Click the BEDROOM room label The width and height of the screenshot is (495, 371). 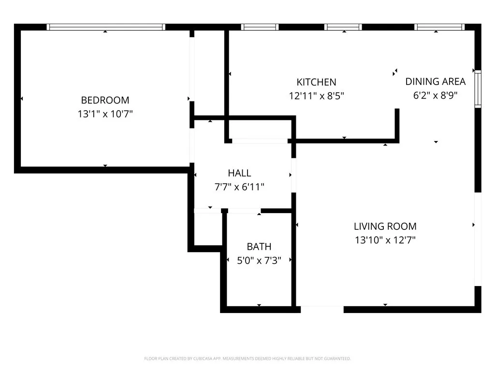[105, 100]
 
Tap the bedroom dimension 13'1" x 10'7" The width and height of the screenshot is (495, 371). [105, 114]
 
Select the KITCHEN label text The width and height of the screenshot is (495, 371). [316, 82]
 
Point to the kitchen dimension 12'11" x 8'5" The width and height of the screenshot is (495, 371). [316, 96]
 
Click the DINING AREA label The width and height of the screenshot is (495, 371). [435, 81]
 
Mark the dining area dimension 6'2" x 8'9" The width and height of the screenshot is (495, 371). [435, 95]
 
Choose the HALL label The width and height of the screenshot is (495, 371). [239, 173]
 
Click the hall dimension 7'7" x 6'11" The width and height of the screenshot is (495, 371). [239, 186]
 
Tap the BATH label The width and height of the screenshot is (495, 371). [259, 246]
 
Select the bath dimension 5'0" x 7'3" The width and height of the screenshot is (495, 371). [259, 260]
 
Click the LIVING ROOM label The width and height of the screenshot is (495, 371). [385, 226]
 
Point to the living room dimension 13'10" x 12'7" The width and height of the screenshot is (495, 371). [385, 240]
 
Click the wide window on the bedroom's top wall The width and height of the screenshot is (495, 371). [106, 28]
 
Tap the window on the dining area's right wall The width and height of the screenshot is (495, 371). [478, 88]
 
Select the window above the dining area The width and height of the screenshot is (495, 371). [439, 28]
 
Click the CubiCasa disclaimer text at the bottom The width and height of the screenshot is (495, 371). [247, 358]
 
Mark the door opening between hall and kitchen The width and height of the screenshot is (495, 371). [260, 141]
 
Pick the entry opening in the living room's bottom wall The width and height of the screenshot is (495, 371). [322, 309]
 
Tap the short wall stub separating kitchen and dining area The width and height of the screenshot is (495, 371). [397, 125]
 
